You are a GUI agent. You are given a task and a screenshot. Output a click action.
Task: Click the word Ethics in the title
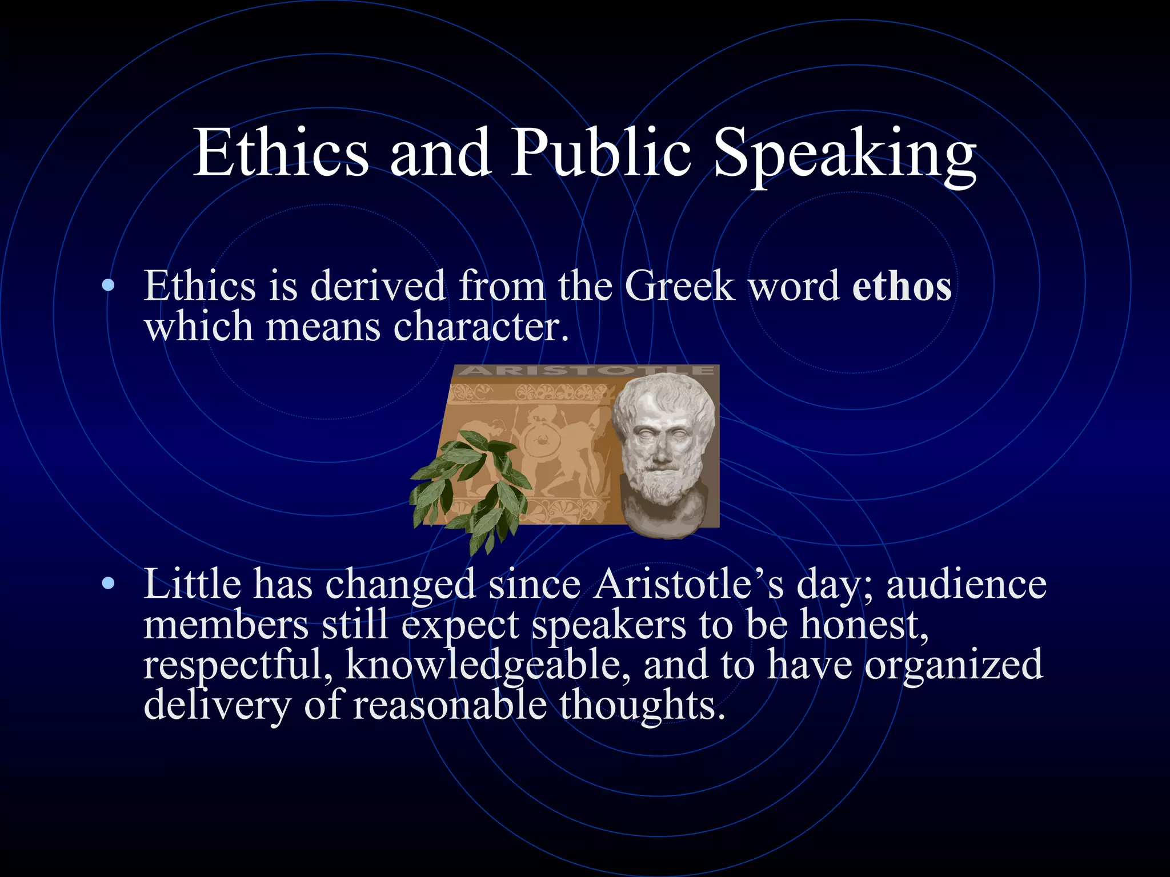click(281, 153)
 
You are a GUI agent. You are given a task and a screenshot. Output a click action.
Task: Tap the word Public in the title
click(600, 153)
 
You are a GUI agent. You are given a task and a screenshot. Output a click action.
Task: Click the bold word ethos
click(901, 285)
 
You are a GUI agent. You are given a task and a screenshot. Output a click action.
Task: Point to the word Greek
click(679, 285)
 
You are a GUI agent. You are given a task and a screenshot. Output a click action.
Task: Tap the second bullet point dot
click(107, 584)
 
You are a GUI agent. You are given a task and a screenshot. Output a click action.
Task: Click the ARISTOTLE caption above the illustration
click(586, 371)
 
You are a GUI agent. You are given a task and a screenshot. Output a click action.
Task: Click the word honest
click(863, 625)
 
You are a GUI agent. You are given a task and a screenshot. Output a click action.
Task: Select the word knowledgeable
click(487, 666)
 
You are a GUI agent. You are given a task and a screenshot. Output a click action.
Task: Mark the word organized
click(953, 666)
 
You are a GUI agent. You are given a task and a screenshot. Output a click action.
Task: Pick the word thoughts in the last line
click(642, 706)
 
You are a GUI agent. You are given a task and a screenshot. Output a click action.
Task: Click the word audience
click(966, 584)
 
